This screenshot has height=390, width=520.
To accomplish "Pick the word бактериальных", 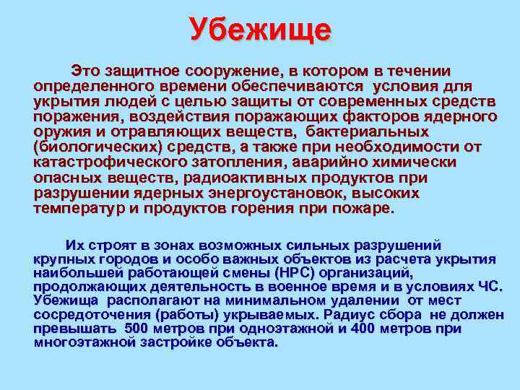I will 367,131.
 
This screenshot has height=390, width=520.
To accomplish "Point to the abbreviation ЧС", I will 490,287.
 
